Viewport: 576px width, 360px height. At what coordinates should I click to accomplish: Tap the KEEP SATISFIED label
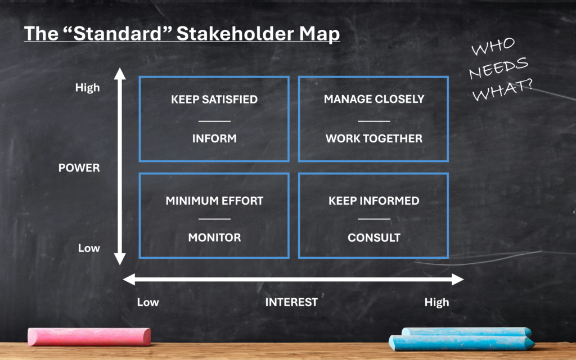[214, 100]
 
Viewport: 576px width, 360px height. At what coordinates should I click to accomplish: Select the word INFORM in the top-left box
[214, 138]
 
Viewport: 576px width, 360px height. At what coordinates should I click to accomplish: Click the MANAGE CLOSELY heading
[374, 100]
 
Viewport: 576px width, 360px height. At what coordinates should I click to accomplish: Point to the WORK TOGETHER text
[374, 138]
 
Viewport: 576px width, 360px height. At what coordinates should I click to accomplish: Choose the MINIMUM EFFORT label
[214, 201]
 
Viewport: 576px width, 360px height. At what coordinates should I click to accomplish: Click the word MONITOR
[214, 237]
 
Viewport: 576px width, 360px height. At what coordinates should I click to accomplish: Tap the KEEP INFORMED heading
[374, 201]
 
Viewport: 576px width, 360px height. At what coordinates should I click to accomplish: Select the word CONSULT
[374, 237]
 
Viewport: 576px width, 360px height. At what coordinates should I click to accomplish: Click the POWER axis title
[79, 168]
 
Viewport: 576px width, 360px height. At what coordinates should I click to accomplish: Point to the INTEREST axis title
[291, 302]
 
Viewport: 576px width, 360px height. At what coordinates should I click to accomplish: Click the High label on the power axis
[87, 88]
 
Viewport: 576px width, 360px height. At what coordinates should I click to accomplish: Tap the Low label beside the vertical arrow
[89, 248]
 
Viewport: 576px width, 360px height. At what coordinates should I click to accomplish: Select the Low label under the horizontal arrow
[148, 302]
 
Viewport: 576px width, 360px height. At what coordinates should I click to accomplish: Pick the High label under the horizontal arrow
[436, 302]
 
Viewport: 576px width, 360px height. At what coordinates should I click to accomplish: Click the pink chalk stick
[89, 336]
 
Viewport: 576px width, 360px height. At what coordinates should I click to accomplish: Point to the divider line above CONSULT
[374, 219]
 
